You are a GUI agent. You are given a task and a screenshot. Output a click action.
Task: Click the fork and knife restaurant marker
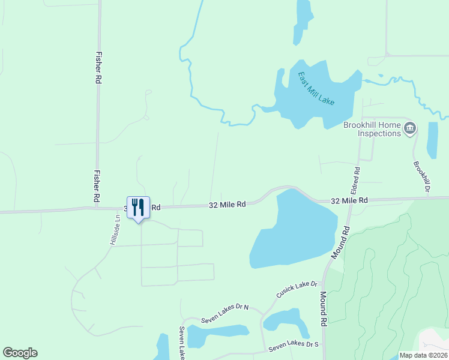pyautogui.click(x=138, y=208)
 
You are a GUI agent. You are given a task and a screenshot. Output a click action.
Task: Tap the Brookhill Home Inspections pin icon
pyautogui.click(x=410, y=127)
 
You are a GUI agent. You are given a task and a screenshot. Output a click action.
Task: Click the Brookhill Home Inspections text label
pyautogui.click(x=372, y=129)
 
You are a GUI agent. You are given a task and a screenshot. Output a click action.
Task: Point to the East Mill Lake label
pyautogui.click(x=316, y=89)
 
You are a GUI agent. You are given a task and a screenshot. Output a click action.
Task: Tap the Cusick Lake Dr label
pyautogui.click(x=297, y=290)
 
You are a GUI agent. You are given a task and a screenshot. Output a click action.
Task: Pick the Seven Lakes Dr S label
pyautogui.click(x=294, y=346)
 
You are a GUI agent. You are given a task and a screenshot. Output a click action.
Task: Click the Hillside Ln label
pyautogui.click(x=113, y=230)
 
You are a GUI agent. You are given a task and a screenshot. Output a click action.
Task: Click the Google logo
pyautogui.click(x=20, y=353)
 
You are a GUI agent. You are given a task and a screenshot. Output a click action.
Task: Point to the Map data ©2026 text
pyautogui.click(x=424, y=355)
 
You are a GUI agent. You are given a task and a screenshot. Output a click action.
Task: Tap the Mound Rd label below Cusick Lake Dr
pyautogui.click(x=323, y=308)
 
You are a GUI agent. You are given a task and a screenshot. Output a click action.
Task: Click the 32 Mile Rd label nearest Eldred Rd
pyautogui.click(x=349, y=200)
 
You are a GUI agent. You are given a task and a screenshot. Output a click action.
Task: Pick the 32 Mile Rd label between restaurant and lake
pyautogui.click(x=228, y=205)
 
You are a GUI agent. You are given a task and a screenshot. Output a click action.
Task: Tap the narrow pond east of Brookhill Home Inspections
pyautogui.click(x=432, y=140)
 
